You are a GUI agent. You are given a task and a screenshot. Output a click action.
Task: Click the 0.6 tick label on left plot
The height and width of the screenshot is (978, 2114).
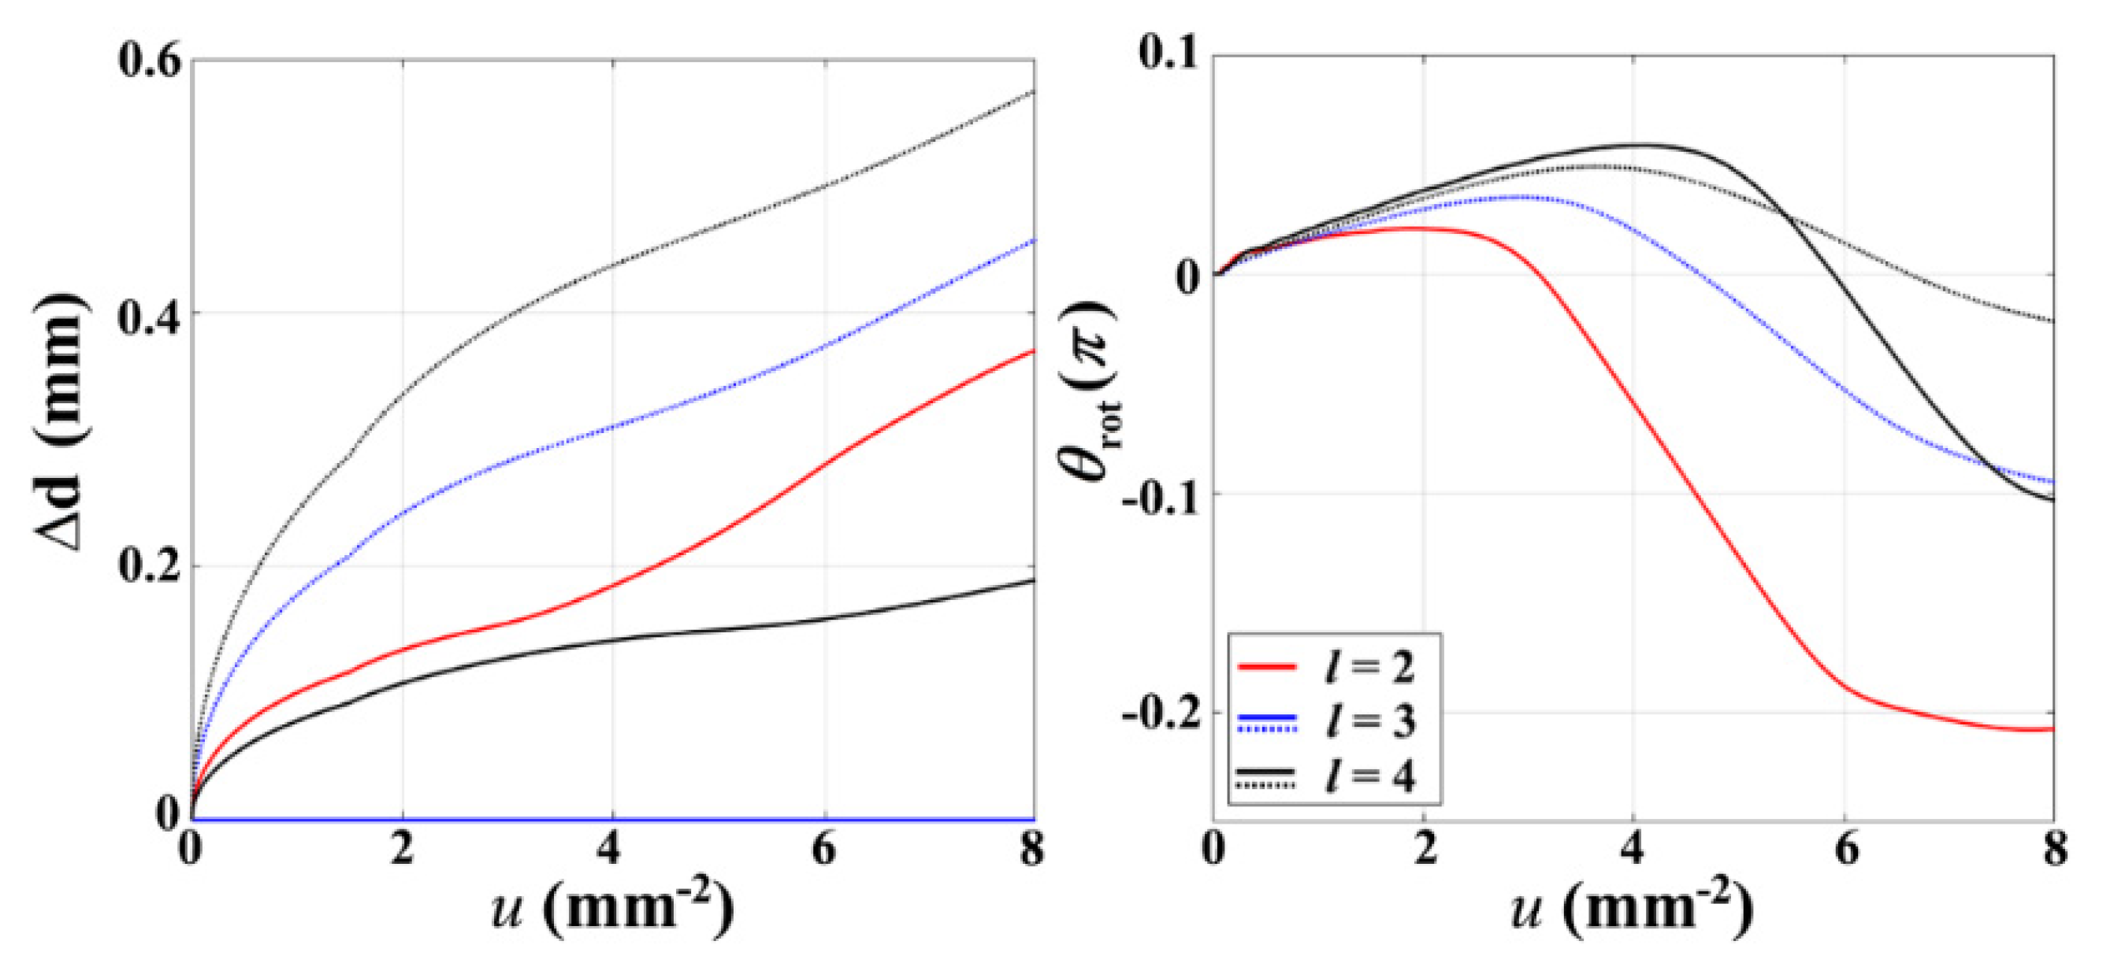pyautogui.click(x=147, y=62)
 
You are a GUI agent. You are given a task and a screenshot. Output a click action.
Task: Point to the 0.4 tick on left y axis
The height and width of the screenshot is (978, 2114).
pyautogui.click(x=147, y=316)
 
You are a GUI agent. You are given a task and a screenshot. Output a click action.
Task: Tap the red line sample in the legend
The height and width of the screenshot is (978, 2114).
pyautogui.click(x=1266, y=665)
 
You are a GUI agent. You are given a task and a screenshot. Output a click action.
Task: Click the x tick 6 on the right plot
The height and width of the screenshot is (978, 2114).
pyautogui.click(x=1845, y=849)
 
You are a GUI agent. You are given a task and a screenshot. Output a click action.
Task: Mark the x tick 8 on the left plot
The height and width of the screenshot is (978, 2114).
pyautogui.click(x=1032, y=849)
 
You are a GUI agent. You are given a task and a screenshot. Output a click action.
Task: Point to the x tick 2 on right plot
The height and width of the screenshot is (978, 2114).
pyautogui.click(x=1425, y=849)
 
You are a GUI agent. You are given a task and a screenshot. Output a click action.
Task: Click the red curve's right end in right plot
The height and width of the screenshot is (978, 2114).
pyautogui.click(x=2053, y=729)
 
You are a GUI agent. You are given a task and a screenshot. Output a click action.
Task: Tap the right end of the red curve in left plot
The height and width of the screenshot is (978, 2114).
pyautogui.click(x=1033, y=350)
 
